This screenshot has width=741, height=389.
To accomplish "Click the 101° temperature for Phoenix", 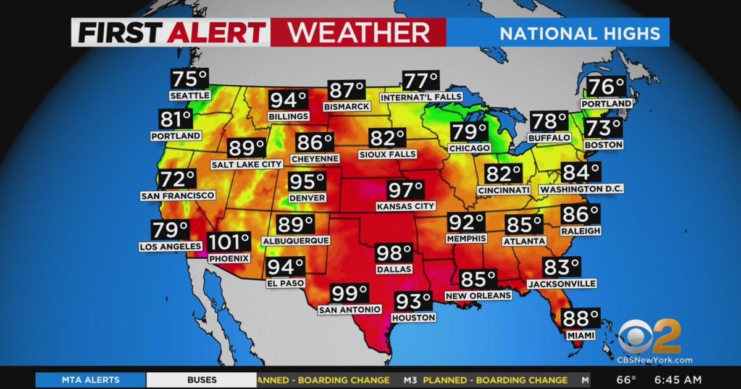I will (229, 242).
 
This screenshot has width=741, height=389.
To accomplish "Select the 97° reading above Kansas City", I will (406, 190).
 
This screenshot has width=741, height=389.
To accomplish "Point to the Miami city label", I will (580, 334).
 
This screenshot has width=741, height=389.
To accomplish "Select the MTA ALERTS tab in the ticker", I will (91, 380).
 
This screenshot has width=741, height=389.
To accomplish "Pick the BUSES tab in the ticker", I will (202, 380).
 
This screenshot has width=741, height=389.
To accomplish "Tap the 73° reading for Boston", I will (603, 129).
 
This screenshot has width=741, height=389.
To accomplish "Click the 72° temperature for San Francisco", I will (177, 180).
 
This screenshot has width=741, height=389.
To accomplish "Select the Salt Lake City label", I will (246, 164).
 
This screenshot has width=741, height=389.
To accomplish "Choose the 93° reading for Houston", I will (412, 301).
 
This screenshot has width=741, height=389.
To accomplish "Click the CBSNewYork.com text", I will (655, 360).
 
